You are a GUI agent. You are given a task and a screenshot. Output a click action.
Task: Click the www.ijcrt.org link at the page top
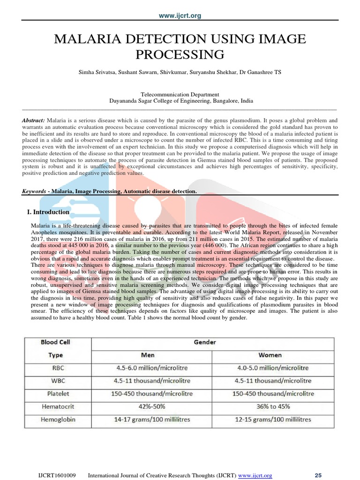tap(180, 16)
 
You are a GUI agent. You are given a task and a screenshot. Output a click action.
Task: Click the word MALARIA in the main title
tap(86, 39)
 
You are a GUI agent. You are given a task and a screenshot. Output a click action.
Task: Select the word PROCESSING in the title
tap(180, 54)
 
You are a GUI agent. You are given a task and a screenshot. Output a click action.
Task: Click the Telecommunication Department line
tap(180, 94)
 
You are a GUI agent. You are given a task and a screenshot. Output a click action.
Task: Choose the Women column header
tap(273, 355)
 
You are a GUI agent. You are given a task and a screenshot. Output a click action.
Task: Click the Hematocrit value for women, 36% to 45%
tap(273, 406)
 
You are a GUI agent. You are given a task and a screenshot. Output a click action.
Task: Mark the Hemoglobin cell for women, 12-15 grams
tap(273, 419)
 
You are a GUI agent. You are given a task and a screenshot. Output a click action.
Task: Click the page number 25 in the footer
tap(318, 475)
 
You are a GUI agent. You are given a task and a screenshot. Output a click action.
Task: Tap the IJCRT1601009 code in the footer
tap(57, 475)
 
